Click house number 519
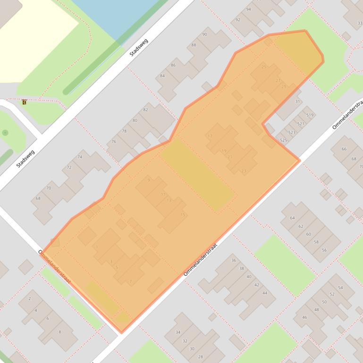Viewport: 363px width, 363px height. point(310,115)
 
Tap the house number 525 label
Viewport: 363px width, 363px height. point(283,140)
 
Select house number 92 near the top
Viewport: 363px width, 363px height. point(238,20)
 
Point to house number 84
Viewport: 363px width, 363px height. point(162,76)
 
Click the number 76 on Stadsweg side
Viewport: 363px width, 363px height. point(114,142)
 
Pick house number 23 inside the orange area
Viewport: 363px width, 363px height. point(244,171)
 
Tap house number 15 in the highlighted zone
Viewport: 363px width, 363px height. point(183,215)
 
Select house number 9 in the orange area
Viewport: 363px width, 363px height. point(149,180)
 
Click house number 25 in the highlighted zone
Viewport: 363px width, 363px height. point(264,67)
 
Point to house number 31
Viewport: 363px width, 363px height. point(297,101)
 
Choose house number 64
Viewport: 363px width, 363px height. point(292,218)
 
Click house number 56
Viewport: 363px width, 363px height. point(324,250)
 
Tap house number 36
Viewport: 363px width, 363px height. point(234,260)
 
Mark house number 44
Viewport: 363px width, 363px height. point(264,293)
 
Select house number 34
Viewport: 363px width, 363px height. point(178,332)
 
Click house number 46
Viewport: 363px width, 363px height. point(304,317)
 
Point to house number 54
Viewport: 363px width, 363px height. point(340,288)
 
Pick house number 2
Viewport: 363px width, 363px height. point(29,298)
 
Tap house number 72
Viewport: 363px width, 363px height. point(69,167)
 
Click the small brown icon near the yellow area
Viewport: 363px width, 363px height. point(24,102)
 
